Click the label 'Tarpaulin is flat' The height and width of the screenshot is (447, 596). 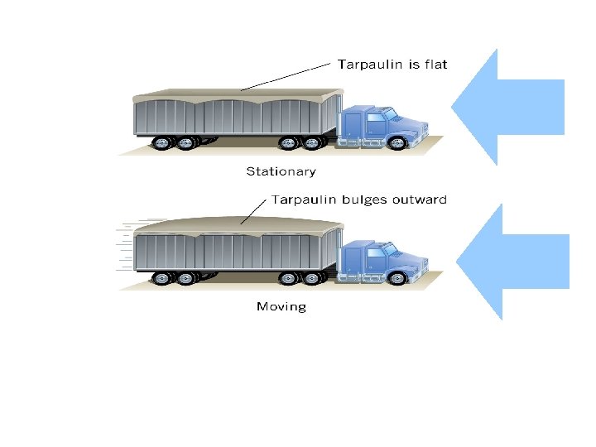pos(392,64)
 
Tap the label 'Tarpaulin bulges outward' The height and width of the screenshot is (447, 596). pos(359,199)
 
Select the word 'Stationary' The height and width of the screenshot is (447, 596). pos(281,172)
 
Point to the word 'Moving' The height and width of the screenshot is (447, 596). pos(281,307)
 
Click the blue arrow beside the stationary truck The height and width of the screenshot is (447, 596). pos(506,106)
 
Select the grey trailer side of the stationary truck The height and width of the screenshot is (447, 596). pos(232,117)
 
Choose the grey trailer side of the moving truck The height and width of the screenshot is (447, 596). pos(232,252)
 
